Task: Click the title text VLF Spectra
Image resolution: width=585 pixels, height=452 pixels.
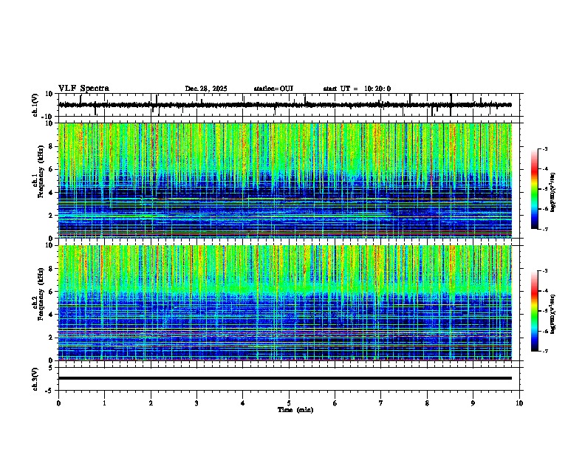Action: tap(83, 88)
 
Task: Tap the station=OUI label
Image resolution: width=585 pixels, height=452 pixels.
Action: tap(273, 89)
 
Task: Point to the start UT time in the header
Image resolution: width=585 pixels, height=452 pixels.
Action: tap(357, 89)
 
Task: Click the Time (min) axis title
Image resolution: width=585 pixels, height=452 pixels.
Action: tap(289, 409)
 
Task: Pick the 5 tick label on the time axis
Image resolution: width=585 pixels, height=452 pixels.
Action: tap(289, 403)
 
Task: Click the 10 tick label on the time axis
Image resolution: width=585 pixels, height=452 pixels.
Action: tap(519, 403)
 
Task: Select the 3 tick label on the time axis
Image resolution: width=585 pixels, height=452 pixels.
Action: tap(196, 403)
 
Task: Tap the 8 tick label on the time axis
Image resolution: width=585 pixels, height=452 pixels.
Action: tap(427, 403)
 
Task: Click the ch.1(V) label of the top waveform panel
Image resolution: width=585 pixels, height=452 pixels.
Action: tap(35, 105)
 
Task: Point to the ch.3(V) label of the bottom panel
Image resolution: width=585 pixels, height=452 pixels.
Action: tap(35, 378)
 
